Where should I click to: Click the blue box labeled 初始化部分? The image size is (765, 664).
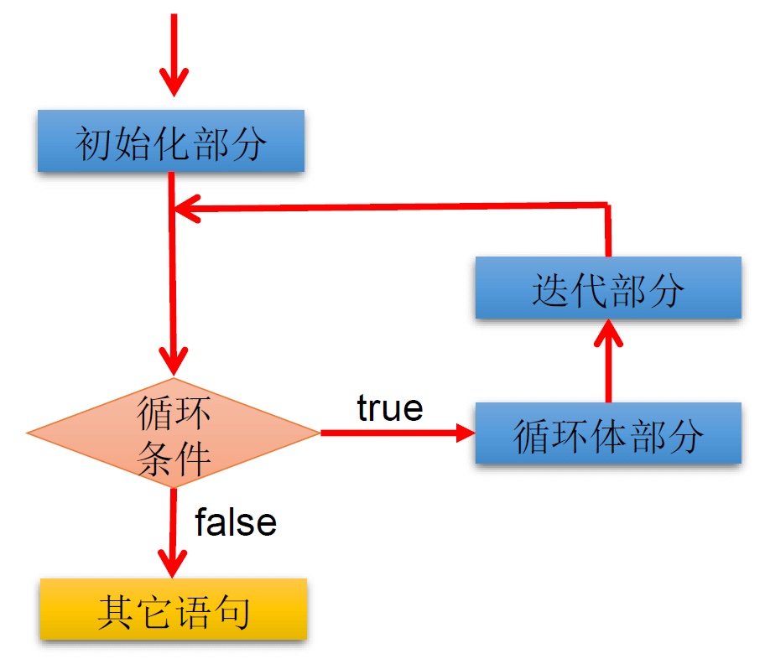pyautogui.click(x=171, y=141)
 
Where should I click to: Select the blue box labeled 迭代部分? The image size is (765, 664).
pyautogui.click(x=608, y=288)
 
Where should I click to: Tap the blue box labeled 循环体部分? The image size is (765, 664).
pyautogui.click(x=608, y=433)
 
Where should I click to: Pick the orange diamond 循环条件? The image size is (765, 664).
pyautogui.click(x=174, y=433)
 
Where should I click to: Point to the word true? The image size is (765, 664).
pyautogui.click(x=389, y=408)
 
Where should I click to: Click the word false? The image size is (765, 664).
pyautogui.click(x=236, y=522)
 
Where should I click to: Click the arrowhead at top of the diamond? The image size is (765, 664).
pyautogui.click(x=174, y=362)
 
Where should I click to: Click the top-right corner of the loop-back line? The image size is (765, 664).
pyautogui.click(x=607, y=204)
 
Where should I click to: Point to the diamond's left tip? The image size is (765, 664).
pyautogui.click(x=30, y=433)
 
